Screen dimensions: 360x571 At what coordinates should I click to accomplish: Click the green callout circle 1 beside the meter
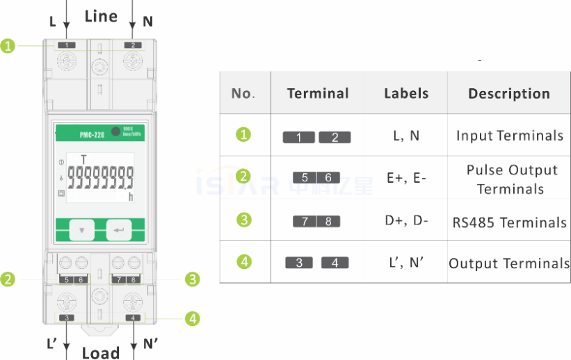click(8, 47)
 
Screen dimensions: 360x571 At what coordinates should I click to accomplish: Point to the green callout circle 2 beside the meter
click(8, 279)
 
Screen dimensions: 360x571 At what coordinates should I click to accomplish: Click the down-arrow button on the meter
click(83, 229)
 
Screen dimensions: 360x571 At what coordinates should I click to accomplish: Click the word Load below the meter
click(101, 352)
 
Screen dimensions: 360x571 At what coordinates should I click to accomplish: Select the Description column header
click(508, 94)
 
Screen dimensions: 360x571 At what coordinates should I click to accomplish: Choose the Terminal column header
click(318, 94)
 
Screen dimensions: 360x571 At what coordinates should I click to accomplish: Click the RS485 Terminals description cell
click(509, 222)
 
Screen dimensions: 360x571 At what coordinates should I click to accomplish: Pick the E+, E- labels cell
click(406, 179)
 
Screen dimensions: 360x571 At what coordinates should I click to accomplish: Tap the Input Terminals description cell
click(509, 136)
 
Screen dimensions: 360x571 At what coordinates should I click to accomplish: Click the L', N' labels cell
click(406, 263)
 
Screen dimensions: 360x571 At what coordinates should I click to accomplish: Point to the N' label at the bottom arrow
click(150, 343)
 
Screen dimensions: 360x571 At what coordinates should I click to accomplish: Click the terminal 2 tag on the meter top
click(132, 45)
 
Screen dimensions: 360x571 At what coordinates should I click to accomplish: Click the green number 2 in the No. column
click(243, 177)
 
